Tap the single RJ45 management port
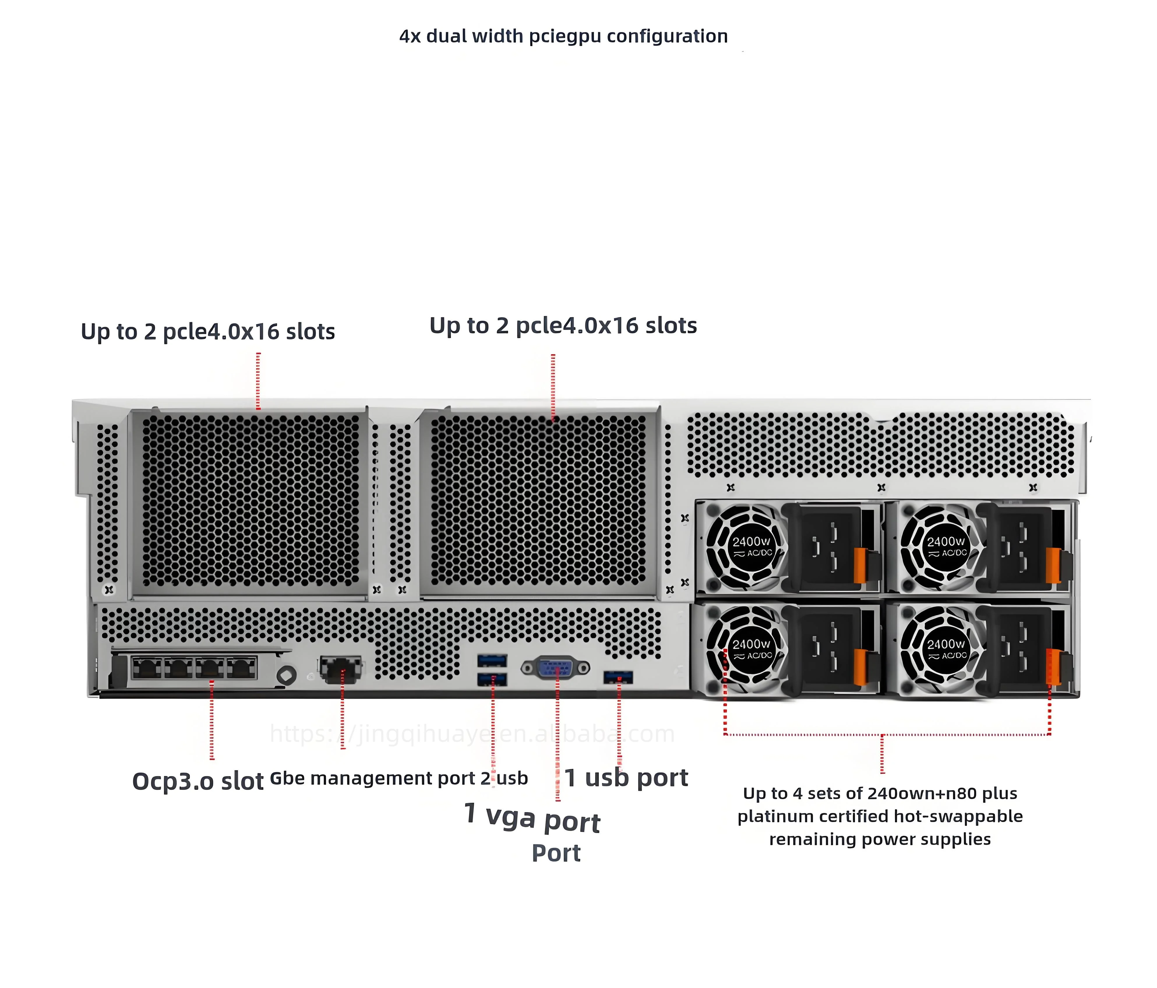coord(340,668)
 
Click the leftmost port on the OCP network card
coord(147,667)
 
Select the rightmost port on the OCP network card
coord(241,667)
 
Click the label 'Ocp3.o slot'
coord(198,781)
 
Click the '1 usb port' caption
coord(626,777)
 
